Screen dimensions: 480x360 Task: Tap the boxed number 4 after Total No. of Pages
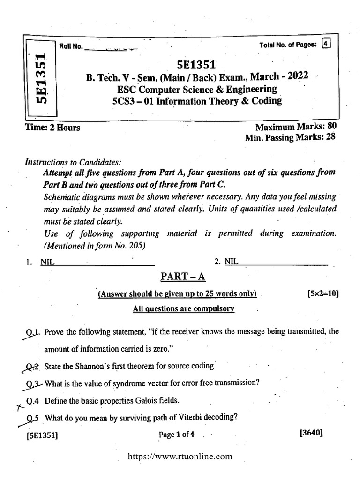point(326,45)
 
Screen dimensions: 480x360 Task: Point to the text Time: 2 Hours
point(52,127)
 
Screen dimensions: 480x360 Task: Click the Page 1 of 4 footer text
point(176,435)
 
